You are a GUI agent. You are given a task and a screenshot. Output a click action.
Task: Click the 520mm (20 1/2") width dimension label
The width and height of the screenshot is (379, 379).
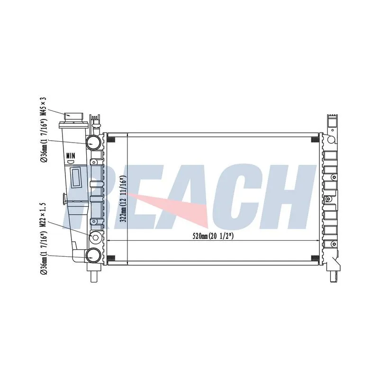pos(213,236)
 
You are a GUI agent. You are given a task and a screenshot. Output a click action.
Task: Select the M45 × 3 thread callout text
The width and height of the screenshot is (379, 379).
pos(44,108)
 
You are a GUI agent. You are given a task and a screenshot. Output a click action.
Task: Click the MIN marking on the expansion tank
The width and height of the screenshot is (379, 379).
pos(71,156)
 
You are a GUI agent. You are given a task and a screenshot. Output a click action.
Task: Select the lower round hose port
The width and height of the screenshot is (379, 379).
pos(93,255)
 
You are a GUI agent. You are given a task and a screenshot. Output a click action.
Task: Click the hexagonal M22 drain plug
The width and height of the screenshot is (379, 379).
pos(95,238)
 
